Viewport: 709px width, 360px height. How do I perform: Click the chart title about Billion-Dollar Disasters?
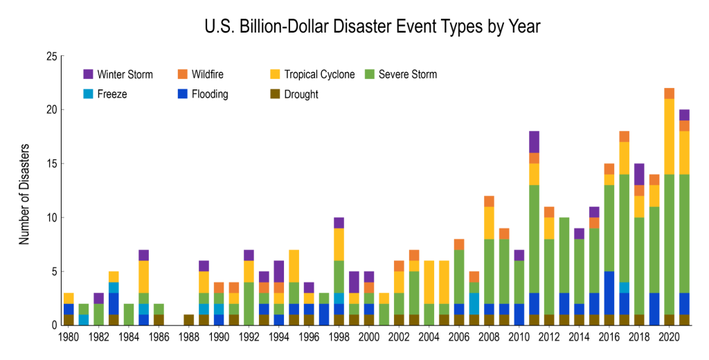(372, 27)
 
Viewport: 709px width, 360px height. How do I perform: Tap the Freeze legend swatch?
(88, 93)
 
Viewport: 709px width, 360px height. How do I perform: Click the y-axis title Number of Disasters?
(25, 194)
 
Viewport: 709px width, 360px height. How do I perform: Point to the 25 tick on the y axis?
(51, 56)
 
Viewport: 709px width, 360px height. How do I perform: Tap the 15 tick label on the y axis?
(51, 163)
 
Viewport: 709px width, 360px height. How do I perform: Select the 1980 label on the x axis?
(68, 336)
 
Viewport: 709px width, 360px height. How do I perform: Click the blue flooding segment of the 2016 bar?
(609, 292)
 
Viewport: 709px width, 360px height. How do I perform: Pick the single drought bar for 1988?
(188, 320)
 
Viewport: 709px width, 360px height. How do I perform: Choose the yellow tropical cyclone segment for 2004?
(429, 282)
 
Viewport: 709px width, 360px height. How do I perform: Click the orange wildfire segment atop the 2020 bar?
(669, 93)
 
